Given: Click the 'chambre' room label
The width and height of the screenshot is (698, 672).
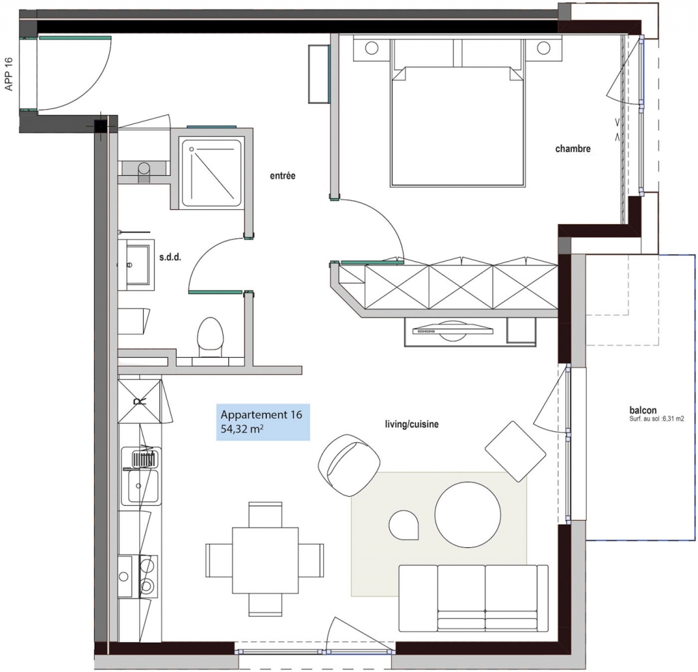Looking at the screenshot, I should (572, 149).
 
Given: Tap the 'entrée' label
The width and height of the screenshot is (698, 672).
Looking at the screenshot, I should (282, 176).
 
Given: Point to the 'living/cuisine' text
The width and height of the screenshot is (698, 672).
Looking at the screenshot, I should (411, 424).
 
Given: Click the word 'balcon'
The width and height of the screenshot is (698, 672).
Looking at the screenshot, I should (643, 410).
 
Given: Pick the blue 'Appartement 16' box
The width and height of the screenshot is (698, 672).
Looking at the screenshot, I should (263, 421).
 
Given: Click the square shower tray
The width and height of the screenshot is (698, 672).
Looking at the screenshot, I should (211, 172).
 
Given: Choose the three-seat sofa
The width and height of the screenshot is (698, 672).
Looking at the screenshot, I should (473, 597).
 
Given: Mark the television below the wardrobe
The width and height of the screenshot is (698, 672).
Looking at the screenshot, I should (452, 331).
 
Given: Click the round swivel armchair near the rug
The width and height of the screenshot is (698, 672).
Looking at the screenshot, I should (348, 465).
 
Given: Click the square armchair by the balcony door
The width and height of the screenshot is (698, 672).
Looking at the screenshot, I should (515, 451).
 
